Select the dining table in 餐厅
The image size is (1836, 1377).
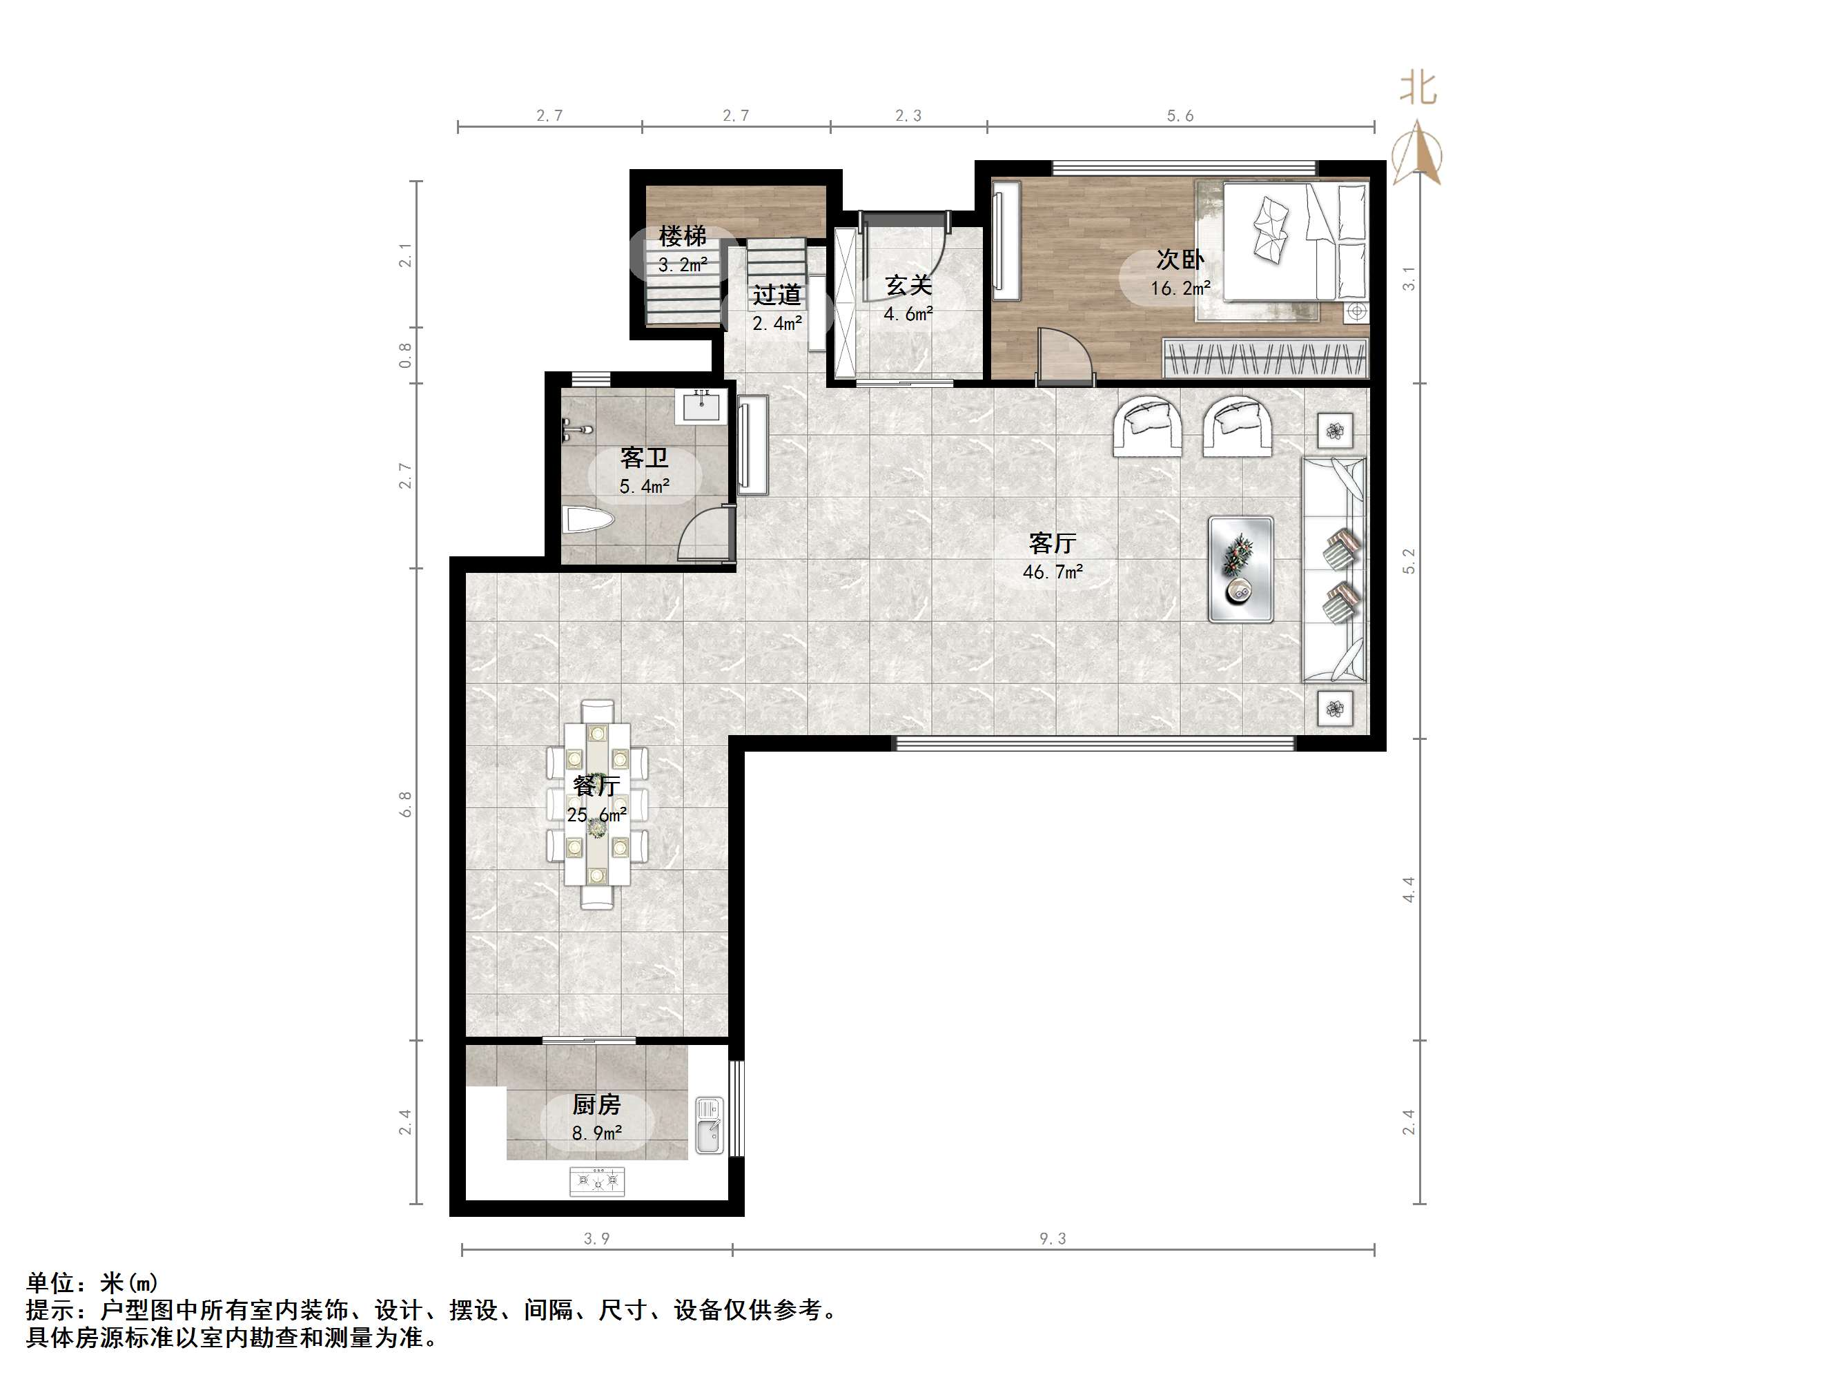pos(597,803)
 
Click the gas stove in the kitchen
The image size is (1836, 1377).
pos(597,1180)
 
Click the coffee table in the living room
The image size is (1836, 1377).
pos(1241,569)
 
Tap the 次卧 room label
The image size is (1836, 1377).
pos(1180,260)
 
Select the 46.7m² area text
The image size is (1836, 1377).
pos(1053,572)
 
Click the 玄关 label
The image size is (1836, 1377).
pos(908,286)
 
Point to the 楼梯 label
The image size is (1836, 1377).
pos(682,237)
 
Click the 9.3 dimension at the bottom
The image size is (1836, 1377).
pos(1053,1238)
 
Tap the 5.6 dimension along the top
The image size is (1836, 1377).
pos(1180,116)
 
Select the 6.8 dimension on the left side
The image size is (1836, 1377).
pos(405,803)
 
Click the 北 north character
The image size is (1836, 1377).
pos(1418,88)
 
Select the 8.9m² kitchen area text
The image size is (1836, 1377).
pos(597,1133)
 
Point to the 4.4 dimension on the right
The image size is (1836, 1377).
pos(1409,890)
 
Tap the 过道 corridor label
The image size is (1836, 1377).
pos(777,295)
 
